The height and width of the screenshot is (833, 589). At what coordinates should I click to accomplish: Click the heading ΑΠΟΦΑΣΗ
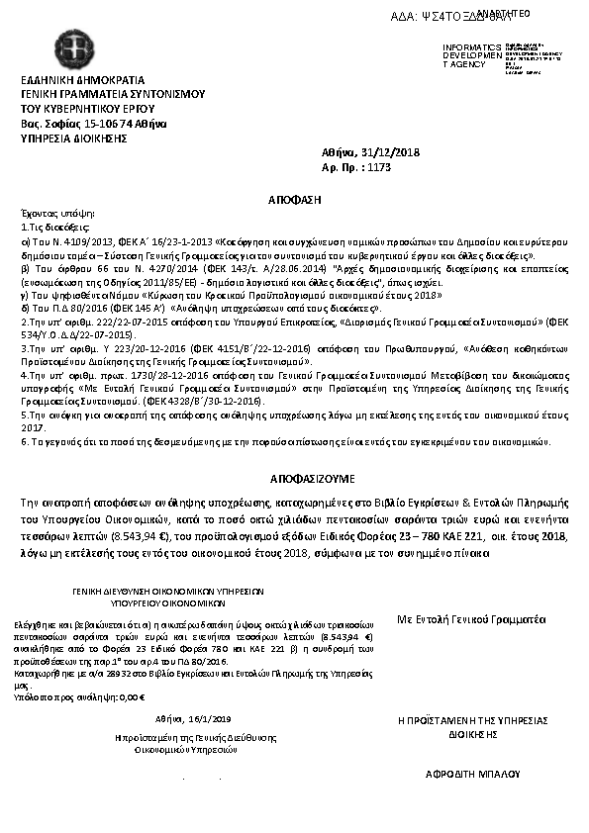295,199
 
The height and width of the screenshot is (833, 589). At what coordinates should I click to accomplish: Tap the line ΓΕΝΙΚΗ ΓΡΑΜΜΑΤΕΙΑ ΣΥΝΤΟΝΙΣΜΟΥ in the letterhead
113,94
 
